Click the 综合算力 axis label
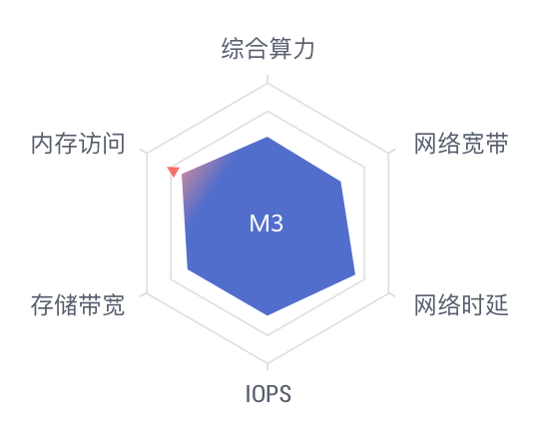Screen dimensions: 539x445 268,49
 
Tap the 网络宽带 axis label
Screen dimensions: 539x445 461,144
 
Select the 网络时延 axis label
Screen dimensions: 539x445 461,304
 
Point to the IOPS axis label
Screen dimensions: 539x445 269,394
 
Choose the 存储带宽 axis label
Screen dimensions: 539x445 78,304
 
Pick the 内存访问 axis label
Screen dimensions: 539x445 78,144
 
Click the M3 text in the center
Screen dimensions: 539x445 267,223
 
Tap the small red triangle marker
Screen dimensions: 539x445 174,171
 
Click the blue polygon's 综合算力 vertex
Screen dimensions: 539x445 268,137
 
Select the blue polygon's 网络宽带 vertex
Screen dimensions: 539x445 340,182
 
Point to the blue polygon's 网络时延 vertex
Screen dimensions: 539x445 355,275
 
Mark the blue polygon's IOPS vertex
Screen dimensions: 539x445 268,314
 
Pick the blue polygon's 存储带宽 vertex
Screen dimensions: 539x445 188,269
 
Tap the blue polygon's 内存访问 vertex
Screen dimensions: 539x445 182,175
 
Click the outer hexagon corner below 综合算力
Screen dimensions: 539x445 268,84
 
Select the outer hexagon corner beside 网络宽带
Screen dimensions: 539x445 389,153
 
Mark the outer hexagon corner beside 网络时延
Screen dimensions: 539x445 389,293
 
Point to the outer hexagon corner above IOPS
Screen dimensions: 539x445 268,363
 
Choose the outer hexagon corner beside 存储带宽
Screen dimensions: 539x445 147,293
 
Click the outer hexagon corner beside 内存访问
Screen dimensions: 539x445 147,153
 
